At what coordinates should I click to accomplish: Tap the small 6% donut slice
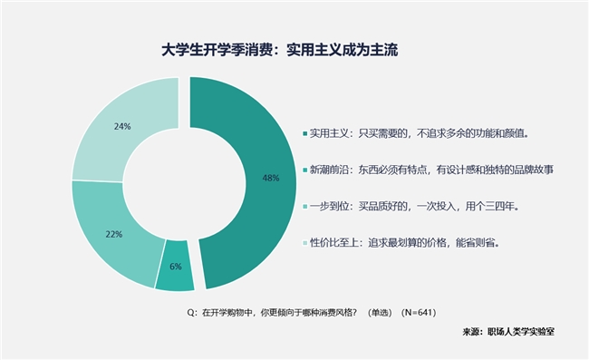[x=175, y=272]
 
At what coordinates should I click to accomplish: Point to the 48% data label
[x=270, y=178]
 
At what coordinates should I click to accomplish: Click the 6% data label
[x=176, y=267]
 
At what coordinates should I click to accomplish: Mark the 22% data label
[x=113, y=234]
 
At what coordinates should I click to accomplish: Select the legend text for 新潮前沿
[x=430, y=170]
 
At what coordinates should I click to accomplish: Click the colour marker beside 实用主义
[x=304, y=133]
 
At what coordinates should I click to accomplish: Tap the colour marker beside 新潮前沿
[x=304, y=170]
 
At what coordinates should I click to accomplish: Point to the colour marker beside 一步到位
[x=304, y=206]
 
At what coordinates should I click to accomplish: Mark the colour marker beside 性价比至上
[x=304, y=242]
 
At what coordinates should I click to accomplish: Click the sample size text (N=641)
[x=419, y=312]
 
